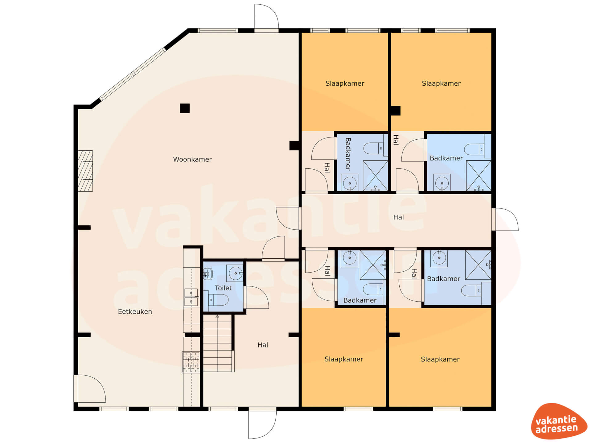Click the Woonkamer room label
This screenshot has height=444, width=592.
point(192,159)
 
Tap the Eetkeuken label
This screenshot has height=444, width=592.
point(135,312)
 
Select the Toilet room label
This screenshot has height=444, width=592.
point(223,288)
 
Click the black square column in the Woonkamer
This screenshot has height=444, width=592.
point(185,108)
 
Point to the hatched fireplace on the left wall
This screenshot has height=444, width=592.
point(85,171)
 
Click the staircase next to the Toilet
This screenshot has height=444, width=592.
point(218,343)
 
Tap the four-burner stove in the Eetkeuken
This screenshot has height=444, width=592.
point(191,362)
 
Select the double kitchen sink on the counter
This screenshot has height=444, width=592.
point(191,297)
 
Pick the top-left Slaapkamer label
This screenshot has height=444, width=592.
point(345,84)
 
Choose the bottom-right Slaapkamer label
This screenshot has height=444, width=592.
point(440,359)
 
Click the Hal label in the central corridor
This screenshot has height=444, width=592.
point(398,217)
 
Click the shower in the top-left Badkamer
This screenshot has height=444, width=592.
point(375,175)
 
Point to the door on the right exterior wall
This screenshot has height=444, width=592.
point(505,220)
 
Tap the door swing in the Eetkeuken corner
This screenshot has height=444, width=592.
point(90,388)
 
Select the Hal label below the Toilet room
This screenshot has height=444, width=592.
point(263,345)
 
